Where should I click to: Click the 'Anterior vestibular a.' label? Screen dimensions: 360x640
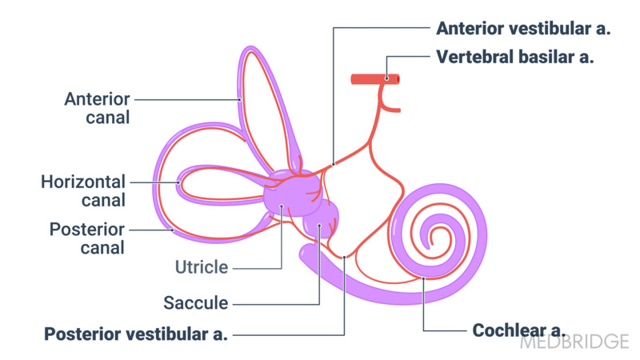[x=523, y=29]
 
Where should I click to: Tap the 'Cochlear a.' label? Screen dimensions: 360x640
[x=519, y=330]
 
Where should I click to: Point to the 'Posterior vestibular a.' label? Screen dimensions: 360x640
[x=136, y=334]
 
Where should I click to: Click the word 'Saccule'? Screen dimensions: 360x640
[x=196, y=303]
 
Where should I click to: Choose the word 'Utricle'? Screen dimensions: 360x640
[x=202, y=267]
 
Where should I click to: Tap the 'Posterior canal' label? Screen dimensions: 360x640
[x=87, y=238]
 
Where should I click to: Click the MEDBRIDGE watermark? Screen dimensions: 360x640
[x=574, y=342]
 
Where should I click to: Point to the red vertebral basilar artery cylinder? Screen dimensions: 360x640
[x=375, y=78]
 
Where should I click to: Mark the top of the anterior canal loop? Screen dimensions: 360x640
[x=249, y=50]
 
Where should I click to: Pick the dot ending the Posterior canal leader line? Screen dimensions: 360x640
[x=173, y=230]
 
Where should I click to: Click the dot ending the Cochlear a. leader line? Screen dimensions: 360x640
[x=423, y=278]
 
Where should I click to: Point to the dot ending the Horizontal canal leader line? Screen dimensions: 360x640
[x=180, y=182]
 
